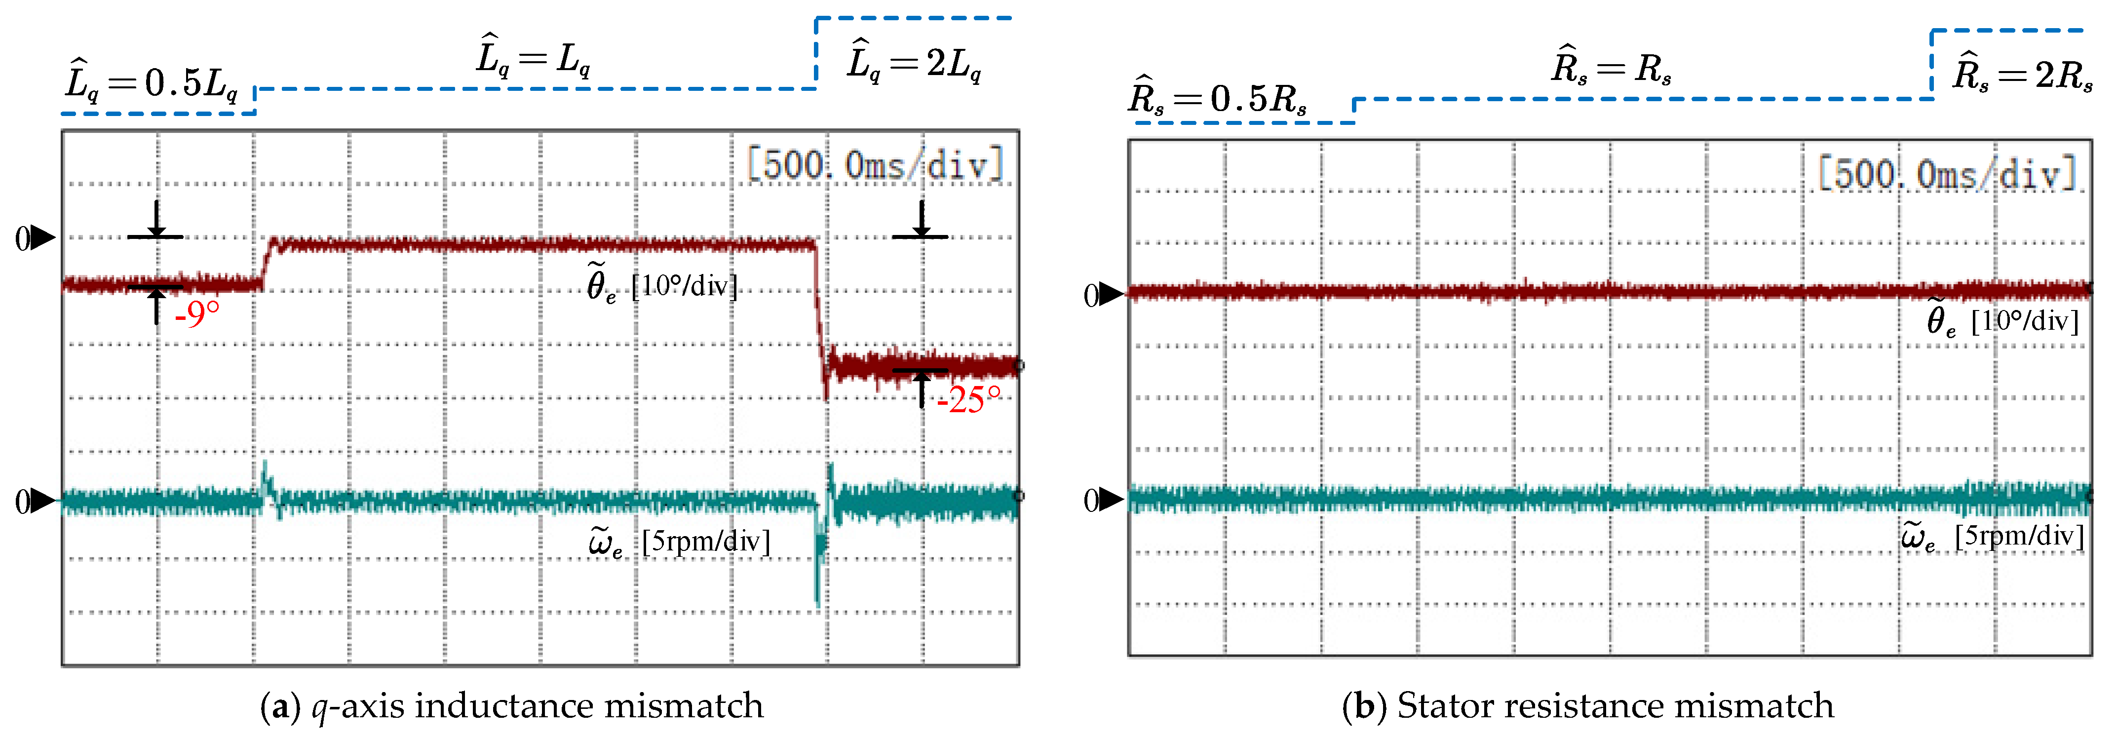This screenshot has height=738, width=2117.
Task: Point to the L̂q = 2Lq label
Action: [x=914, y=63]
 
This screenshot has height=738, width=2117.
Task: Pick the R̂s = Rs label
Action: [x=1611, y=68]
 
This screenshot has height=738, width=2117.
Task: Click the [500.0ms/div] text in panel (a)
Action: [x=875, y=164]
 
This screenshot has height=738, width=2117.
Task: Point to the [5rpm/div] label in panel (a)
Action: [x=706, y=542]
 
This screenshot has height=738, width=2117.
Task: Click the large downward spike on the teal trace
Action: [x=818, y=575]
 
